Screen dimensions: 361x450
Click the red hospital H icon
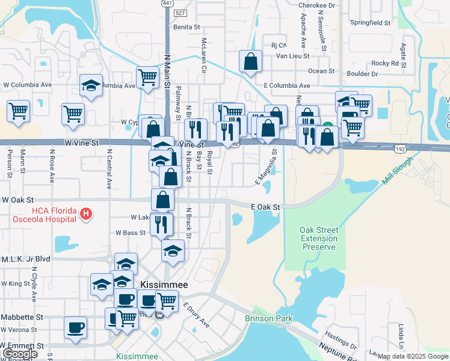coord(86,214)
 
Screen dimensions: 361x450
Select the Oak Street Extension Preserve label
coord(319,238)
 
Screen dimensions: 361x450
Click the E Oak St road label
coord(265,207)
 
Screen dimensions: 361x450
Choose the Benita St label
coord(186,27)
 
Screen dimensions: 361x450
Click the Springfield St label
coord(371,23)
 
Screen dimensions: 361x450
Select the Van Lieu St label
coord(292,56)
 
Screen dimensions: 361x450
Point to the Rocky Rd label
coord(385,63)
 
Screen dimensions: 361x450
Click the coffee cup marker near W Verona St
coord(76,328)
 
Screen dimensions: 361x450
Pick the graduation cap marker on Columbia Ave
coord(91,85)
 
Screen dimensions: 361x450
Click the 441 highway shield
coord(165,4)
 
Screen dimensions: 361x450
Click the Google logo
coord(20,354)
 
